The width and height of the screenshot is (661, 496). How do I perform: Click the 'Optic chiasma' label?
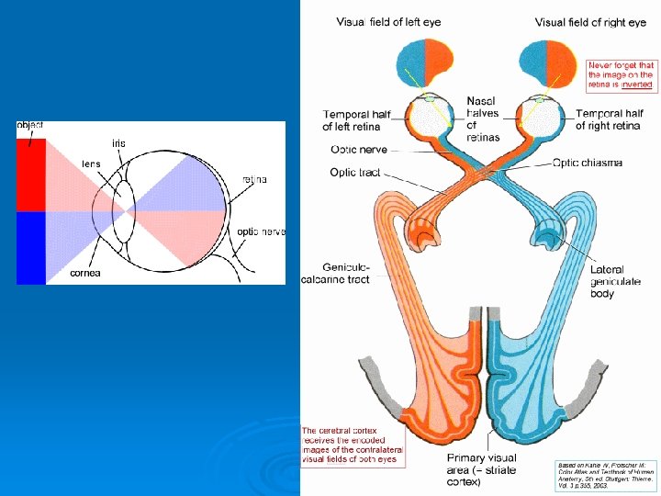[x=588, y=163]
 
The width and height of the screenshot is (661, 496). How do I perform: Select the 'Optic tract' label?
[x=353, y=172]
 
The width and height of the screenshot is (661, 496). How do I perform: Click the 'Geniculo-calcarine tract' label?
[x=335, y=273]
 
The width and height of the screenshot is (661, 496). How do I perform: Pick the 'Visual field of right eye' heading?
[x=591, y=21]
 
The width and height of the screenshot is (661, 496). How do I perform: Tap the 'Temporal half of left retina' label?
[x=356, y=120]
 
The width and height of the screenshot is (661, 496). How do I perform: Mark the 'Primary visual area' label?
[x=481, y=469]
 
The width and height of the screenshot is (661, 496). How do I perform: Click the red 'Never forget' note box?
[x=621, y=74]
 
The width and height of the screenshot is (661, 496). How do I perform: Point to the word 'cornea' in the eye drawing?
[x=86, y=273]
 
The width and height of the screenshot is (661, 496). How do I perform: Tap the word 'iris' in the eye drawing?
[x=119, y=143]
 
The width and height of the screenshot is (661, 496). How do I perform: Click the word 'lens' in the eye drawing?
[x=91, y=163]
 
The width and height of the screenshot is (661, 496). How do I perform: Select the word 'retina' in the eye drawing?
[x=254, y=179]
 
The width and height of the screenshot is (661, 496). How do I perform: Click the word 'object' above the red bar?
[x=30, y=125]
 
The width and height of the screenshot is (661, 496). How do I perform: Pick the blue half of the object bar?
[x=31, y=247]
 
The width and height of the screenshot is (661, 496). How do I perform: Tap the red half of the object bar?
[x=31, y=175]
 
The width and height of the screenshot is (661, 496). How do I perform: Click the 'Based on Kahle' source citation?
[x=606, y=475]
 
